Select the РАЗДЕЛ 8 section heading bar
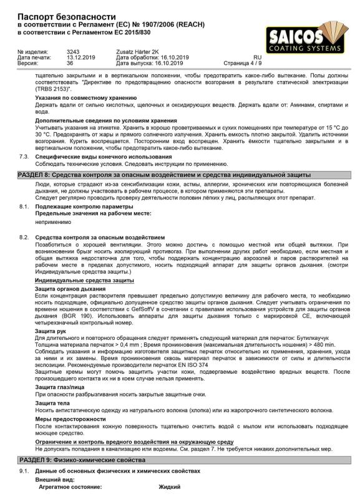point(180,175)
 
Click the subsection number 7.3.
point(24,157)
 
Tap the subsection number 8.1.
point(24,206)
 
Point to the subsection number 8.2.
point(24,238)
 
